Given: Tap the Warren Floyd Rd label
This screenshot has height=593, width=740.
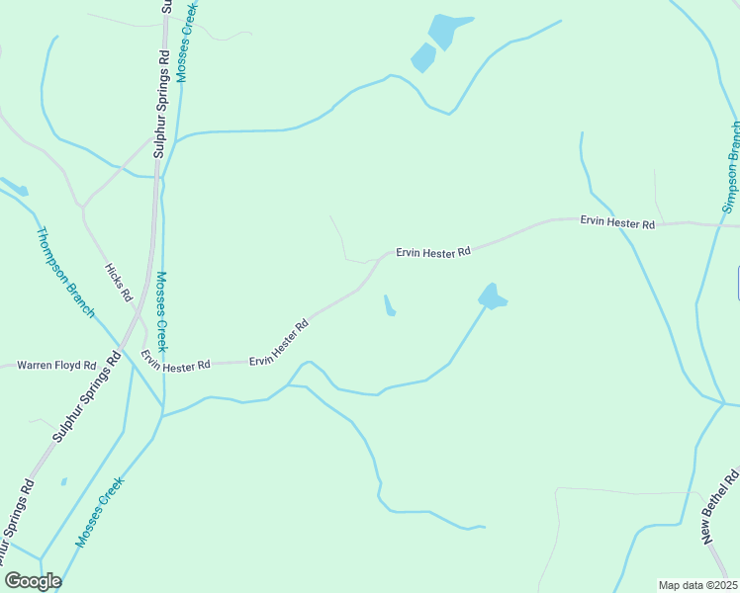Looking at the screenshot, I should point(56,366).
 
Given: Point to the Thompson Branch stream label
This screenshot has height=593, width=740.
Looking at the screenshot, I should point(65,273).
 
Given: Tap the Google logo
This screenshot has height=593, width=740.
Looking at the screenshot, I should point(33,581).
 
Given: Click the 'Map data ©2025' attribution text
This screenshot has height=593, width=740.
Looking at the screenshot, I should point(696,585).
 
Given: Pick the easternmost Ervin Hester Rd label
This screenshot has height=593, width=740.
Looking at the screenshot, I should point(617,223).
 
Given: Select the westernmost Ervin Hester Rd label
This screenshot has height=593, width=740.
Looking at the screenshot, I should point(175,361).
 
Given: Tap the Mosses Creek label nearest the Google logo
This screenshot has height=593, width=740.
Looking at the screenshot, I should point(99,512).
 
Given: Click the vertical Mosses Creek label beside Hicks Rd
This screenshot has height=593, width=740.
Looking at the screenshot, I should point(162,311).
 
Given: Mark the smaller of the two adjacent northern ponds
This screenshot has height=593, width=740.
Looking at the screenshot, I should point(423,57).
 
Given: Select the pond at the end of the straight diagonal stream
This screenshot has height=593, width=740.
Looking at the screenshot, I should point(492,296).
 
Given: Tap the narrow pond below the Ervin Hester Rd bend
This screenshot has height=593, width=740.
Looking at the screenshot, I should point(389,306).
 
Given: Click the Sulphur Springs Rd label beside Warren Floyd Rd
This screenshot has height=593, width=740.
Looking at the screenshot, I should point(86,395).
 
